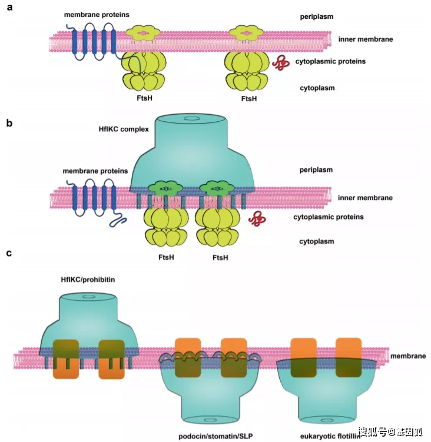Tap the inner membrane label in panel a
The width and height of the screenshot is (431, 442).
(x=365, y=40)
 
